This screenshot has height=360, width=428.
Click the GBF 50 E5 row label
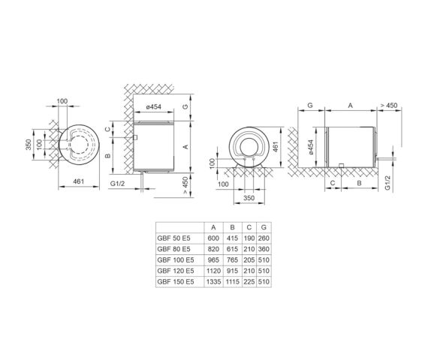173,238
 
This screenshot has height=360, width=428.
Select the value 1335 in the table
213,282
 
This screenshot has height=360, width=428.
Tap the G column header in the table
264,227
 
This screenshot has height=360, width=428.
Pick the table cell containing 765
232,260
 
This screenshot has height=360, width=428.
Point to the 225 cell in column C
249,282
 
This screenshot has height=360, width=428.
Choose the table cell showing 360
264,249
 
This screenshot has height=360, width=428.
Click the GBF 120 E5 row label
176,271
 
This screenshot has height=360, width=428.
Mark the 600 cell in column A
213,238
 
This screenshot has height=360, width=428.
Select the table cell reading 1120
213,271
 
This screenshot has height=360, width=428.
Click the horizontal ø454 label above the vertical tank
153,106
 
